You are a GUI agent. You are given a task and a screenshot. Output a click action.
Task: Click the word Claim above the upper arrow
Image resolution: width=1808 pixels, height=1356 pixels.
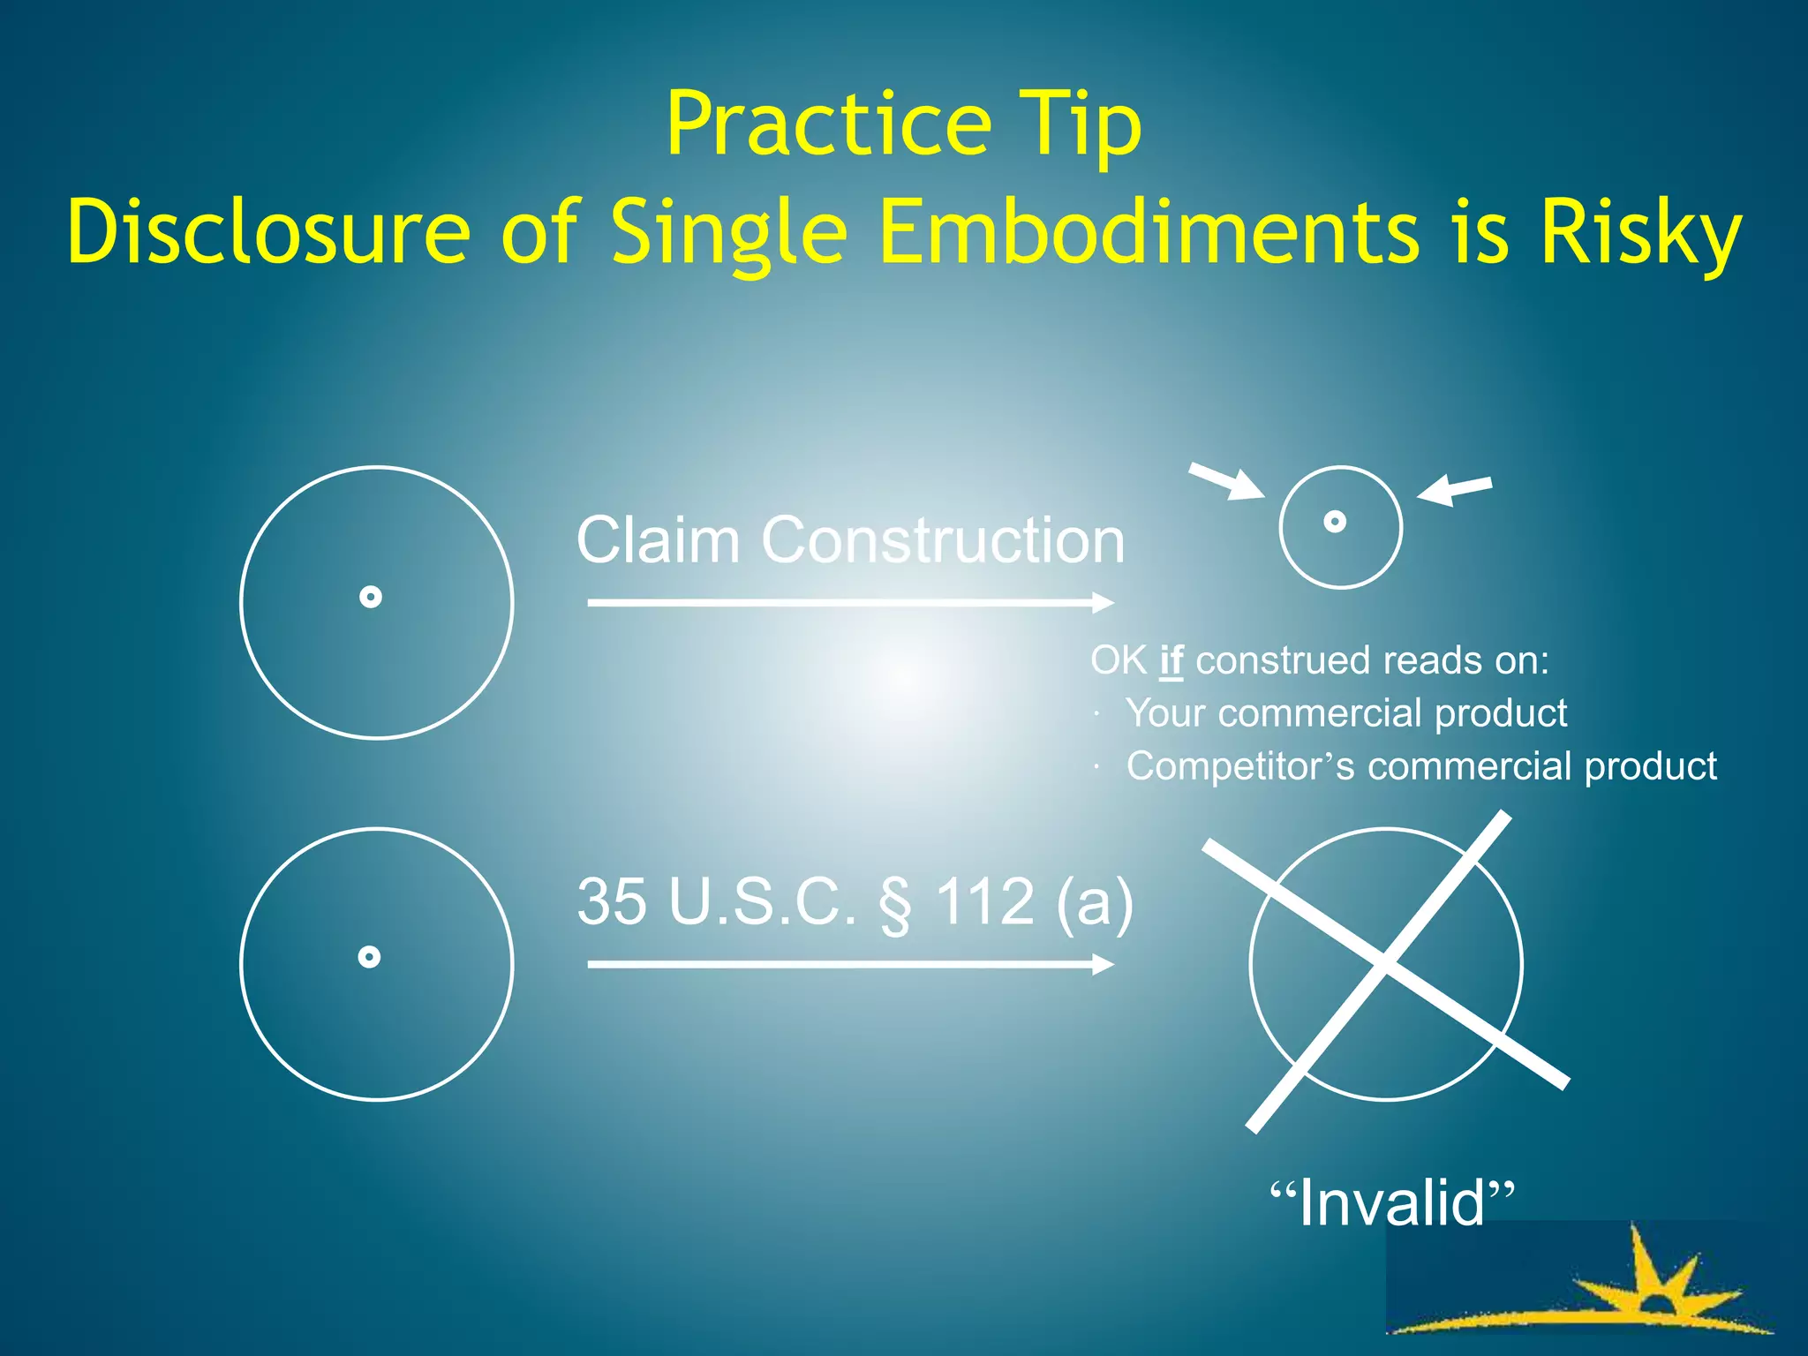(x=658, y=539)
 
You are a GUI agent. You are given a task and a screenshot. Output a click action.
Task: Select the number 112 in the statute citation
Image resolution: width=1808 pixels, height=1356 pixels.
(x=984, y=901)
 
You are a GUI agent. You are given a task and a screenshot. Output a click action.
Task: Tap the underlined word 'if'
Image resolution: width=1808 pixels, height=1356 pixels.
(x=1171, y=660)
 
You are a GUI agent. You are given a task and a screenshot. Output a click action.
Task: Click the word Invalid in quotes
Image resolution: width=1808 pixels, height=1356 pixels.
(x=1392, y=1202)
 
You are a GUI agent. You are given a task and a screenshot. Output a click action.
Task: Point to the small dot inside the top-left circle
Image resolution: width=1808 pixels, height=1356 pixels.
(x=371, y=598)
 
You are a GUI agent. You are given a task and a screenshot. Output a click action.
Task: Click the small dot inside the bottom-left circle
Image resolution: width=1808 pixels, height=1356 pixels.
(x=370, y=957)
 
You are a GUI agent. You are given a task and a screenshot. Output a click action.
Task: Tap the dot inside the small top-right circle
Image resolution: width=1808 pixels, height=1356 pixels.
(x=1335, y=522)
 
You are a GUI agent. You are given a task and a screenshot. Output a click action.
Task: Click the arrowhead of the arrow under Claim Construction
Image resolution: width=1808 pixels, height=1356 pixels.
(x=1104, y=603)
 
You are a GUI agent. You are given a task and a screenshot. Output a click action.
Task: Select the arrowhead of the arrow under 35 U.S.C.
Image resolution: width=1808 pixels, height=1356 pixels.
(x=1104, y=964)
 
